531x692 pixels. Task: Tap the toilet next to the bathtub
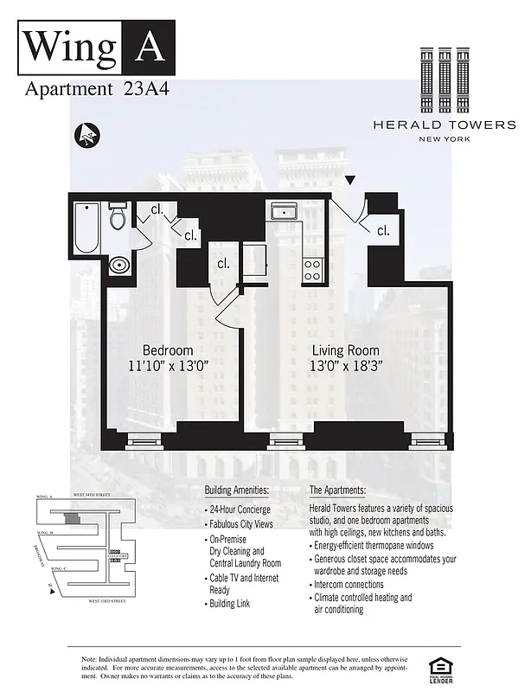pyautogui.click(x=118, y=217)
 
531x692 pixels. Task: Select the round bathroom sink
pyautogui.click(x=120, y=265)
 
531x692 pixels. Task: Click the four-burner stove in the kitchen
pyautogui.click(x=312, y=270)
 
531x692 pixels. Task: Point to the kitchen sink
pyautogui.click(x=284, y=213)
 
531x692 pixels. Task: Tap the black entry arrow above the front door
pyautogui.click(x=349, y=180)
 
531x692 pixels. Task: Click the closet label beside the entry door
pyautogui.click(x=381, y=230)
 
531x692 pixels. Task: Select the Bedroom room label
pyautogui.click(x=167, y=349)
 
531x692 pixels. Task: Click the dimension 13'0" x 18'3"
pyautogui.click(x=347, y=366)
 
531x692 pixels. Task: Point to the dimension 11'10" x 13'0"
pyautogui.click(x=167, y=366)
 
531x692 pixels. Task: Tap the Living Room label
pyautogui.click(x=347, y=349)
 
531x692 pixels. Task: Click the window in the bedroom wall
pyautogui.click(x=144, y=440)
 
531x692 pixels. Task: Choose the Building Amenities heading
pyautogui.click(x=237, y=490)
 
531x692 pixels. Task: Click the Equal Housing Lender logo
pyautogui.click(x=442, y=666)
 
